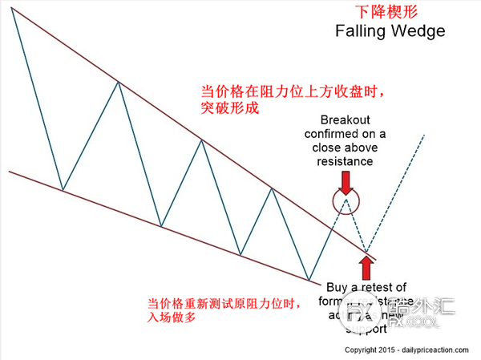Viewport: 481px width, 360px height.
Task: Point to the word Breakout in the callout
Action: (x=344, y=119)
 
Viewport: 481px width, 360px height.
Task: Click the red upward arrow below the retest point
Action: (x=369, y=266)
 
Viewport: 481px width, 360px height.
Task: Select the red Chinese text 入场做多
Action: (x=173, y=318)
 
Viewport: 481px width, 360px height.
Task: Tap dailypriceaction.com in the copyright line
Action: (x=442, y=350)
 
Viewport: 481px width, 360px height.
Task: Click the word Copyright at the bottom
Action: (x=362, y=350)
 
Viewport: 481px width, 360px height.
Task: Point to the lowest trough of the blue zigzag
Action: (x=309, y=280)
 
